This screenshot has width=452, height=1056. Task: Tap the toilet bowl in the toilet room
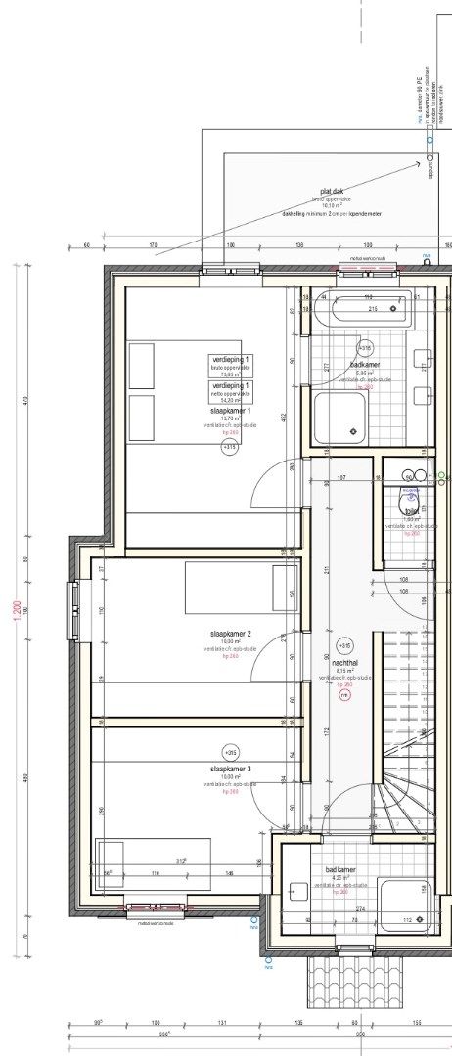(411, 504)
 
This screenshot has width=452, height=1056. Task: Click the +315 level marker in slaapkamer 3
(231, 753)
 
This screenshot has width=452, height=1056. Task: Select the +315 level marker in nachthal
(343, 646)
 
